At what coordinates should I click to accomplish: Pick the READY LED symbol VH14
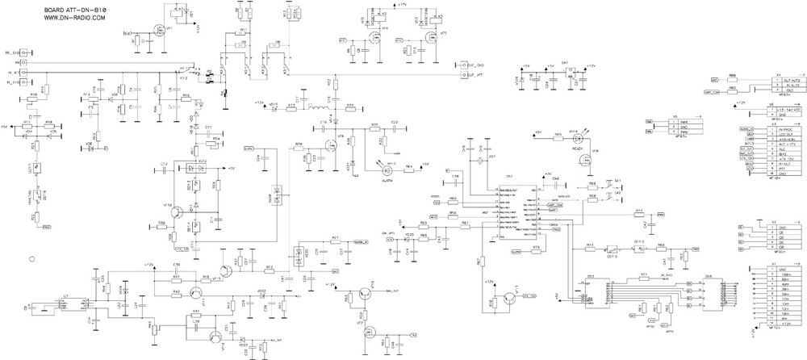(573, 138)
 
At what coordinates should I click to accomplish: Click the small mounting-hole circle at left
(32, 259)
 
